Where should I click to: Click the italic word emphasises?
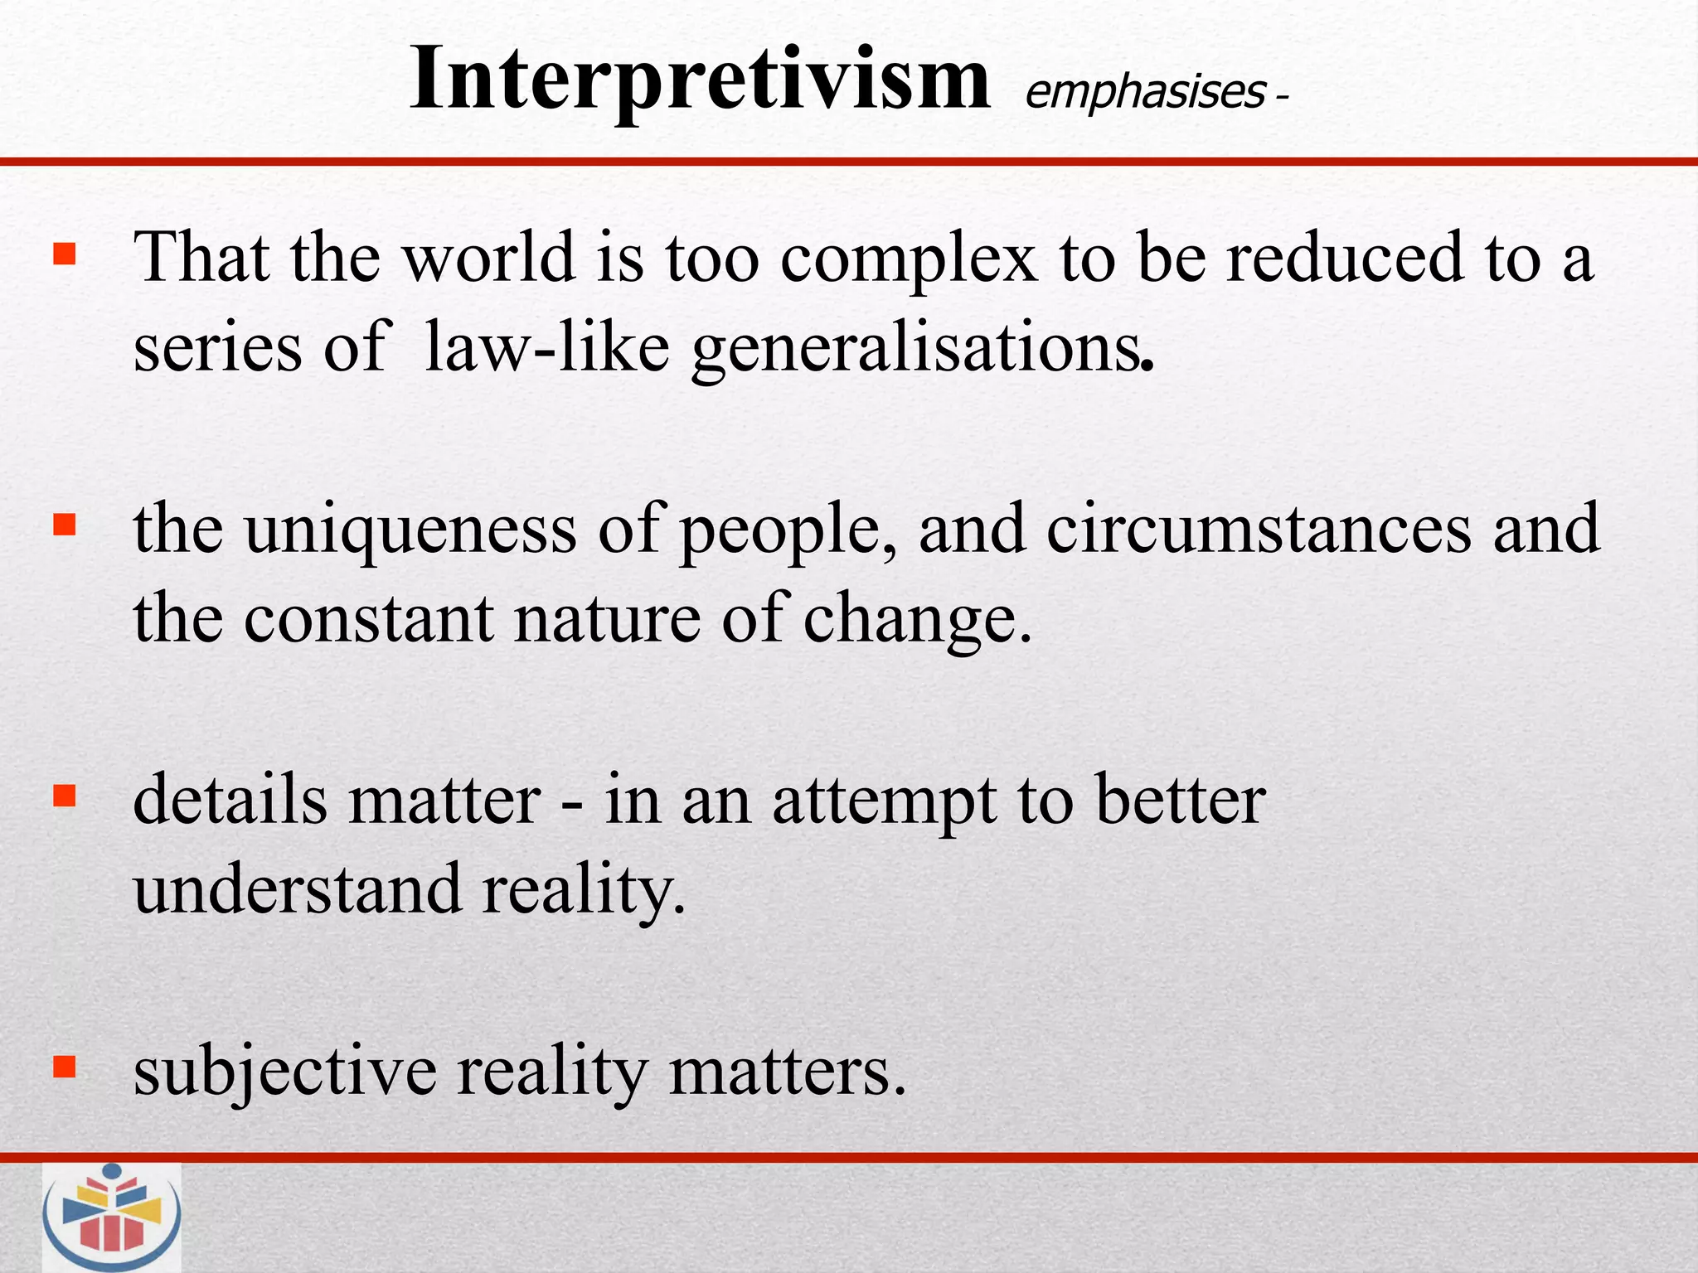tap(1145, 92)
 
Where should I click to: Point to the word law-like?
tap(546, 348)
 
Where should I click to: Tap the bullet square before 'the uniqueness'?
tap(64, 524)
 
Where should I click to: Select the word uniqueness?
tap(410, 530)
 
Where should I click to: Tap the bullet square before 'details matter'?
tap(64, 796)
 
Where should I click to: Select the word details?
tap(230, 800)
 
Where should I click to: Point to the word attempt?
tap(885, 802)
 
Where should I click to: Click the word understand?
tap(297, 889)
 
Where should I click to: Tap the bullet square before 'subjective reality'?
tap(64, 1067)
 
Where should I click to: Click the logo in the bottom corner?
tap(112, 1217)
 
